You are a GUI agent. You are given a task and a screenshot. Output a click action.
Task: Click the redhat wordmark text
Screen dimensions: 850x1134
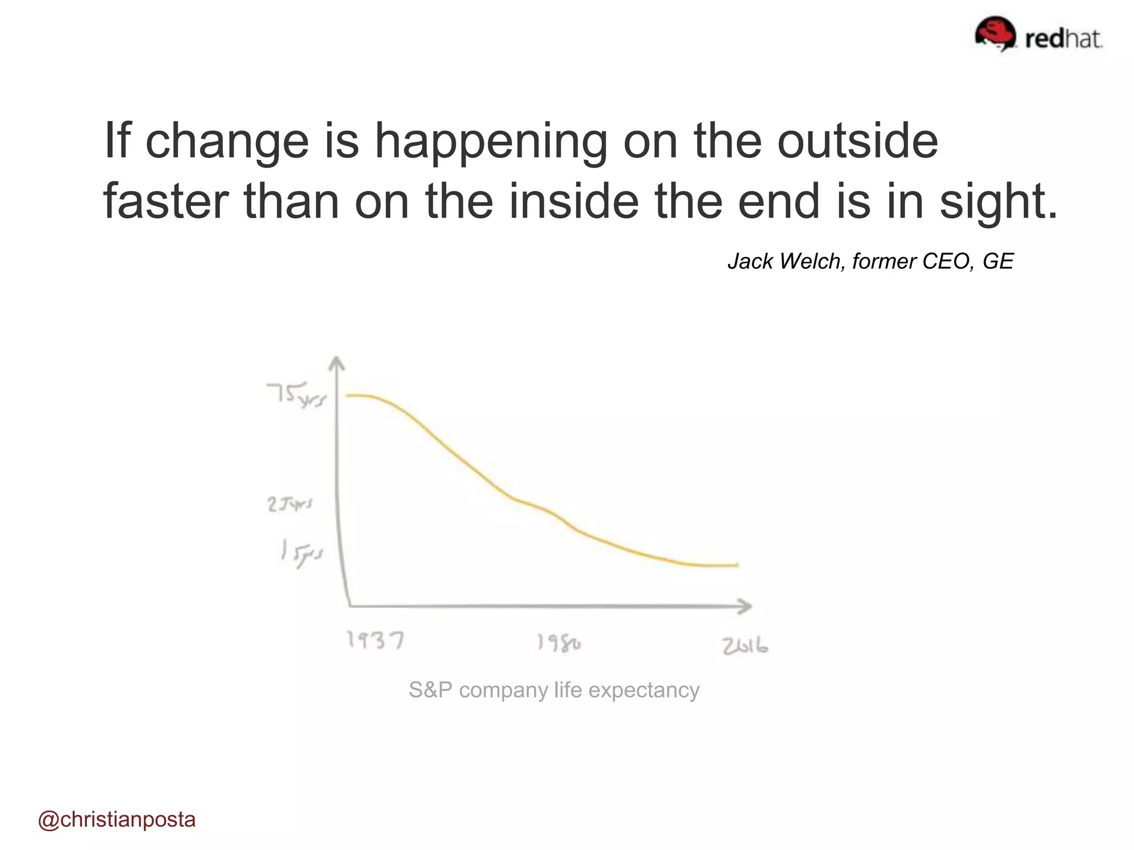click(1064, 39)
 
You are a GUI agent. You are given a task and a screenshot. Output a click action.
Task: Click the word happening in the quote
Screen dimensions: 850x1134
click(491, 141)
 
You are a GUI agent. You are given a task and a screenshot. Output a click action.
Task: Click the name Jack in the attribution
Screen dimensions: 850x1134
click(750, 261)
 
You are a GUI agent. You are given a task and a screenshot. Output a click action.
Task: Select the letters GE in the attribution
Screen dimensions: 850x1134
click(998, 261)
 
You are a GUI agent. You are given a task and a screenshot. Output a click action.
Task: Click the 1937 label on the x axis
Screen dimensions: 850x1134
click(375, 640)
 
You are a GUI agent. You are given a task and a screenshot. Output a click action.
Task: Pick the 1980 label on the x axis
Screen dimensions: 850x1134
click(559, 643)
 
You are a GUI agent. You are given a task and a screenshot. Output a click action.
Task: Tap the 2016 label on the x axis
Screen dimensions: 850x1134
click(745, 646)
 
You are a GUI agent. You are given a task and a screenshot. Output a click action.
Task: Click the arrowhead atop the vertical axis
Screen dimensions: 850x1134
click(336, 363)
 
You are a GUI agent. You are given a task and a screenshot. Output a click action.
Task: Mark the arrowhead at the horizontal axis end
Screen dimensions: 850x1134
click(745, 607)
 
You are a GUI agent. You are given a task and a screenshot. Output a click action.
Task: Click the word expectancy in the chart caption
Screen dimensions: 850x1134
click(643, 691)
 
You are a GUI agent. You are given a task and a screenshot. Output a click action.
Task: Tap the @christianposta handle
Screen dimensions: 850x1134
click(117, 820)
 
